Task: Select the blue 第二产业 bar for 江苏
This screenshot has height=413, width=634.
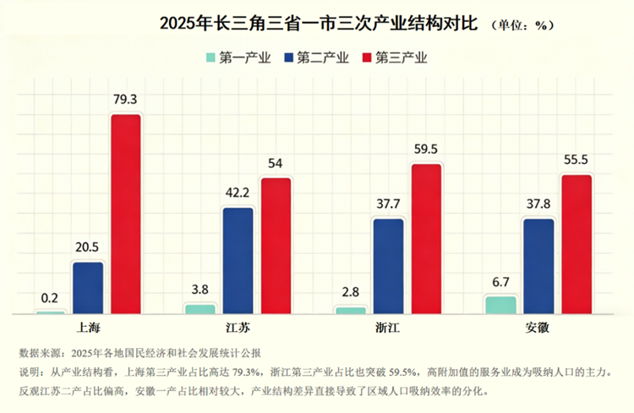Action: tap(238, 260)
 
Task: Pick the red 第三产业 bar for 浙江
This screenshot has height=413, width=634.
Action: tap(426, 239)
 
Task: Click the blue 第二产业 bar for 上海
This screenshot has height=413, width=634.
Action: tap(88, 288)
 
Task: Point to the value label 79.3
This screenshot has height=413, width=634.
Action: tap(125, 100)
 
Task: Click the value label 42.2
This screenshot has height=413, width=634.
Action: tap(238, 193)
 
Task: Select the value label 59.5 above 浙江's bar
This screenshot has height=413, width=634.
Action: tap(426, 149)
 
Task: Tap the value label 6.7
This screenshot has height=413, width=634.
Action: tap(501, 281)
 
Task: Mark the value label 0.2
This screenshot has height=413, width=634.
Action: tap(50, 297)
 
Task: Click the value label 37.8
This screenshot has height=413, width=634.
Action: tap(538, 204)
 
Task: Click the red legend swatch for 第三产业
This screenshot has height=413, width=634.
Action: tap(366, 58)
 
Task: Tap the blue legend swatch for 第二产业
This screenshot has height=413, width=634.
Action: tap(288, 58)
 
